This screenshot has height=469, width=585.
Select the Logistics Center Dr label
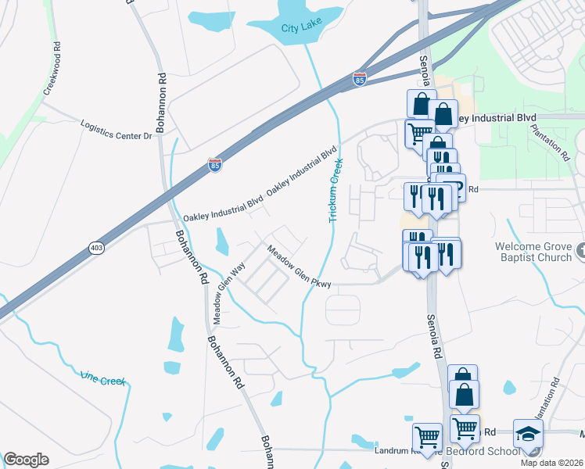point(117,129)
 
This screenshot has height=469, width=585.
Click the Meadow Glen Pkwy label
point(300,267)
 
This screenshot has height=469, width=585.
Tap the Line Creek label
point(102,379)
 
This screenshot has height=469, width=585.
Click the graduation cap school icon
point(528,433)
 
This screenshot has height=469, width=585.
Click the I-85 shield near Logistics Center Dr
point(215,164)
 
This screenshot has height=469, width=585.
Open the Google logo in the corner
point(26,459)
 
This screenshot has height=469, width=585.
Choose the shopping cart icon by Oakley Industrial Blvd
point(418,134)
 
